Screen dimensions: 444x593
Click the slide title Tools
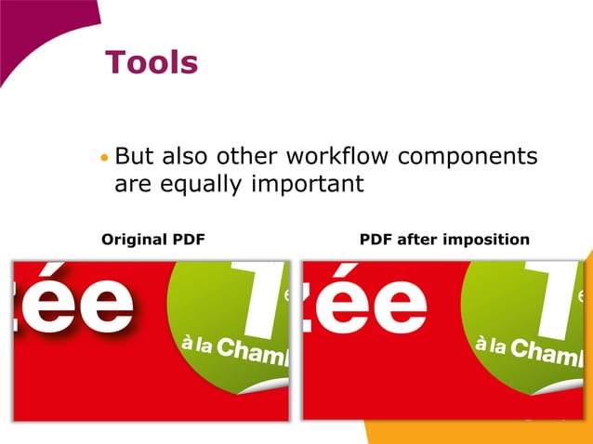(x=152, y=62)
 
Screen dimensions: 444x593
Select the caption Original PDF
(x=152, y=240)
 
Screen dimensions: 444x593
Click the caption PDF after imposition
(x=444, y=240)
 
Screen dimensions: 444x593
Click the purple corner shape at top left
(x=37, y=28)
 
